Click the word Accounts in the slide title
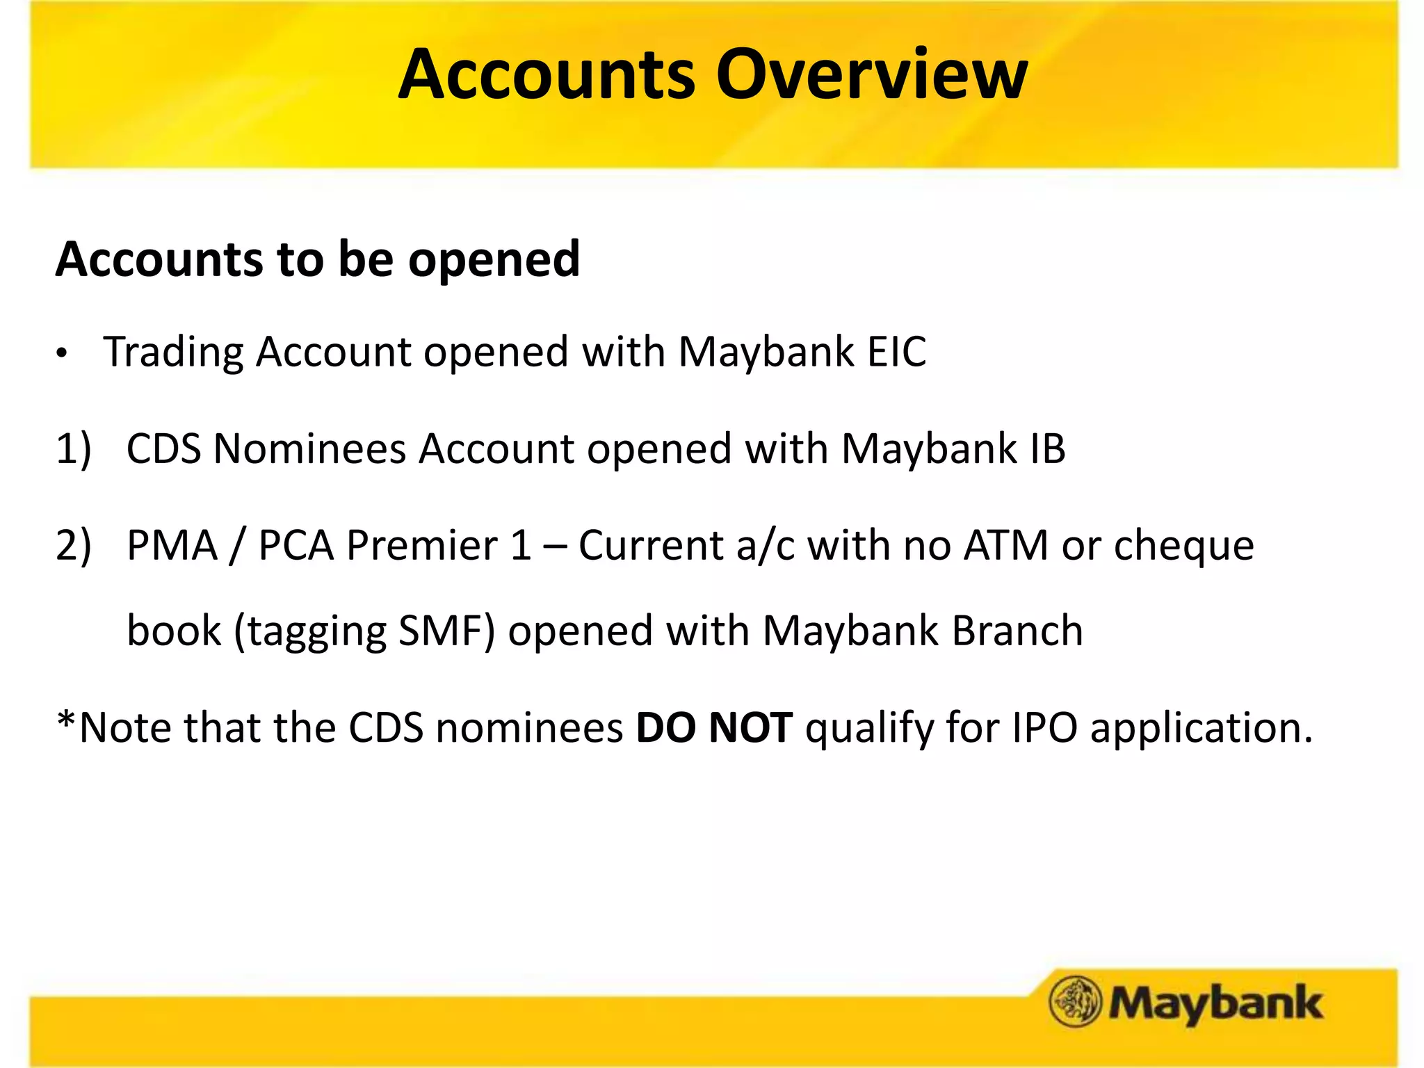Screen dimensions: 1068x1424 (547, 74)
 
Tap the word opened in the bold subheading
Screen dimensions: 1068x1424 (494, 259)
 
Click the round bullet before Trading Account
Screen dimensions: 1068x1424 (63, 354)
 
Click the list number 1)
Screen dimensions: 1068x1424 (74, 448)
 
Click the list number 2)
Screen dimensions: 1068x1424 (74, 545)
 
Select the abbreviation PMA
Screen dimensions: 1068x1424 (172, 545)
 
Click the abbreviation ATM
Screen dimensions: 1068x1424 (1005, 545)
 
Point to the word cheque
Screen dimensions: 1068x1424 (1184, 547)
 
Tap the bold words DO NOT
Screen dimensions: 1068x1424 (714, 728)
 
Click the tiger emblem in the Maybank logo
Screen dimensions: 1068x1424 (1075, 1001)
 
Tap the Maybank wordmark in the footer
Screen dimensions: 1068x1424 (1215, 1003)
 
